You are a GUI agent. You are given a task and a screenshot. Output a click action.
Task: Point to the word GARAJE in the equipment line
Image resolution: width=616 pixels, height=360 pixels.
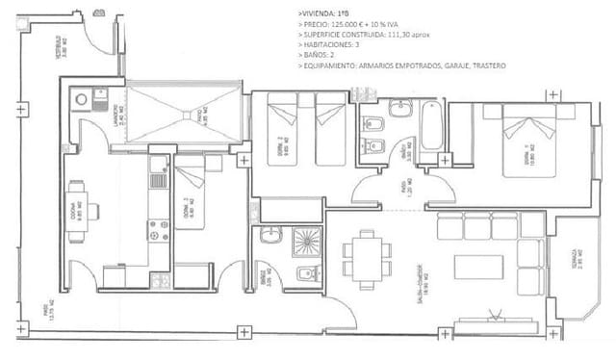tap(456, 66)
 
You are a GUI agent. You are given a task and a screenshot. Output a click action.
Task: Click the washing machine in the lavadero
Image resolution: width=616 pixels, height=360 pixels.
tap(81, 98)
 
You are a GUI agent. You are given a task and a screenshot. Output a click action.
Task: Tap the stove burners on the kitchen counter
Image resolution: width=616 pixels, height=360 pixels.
tap(158, 231)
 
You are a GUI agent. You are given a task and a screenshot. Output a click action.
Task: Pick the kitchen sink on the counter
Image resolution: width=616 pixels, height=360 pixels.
tap(158, 180)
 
